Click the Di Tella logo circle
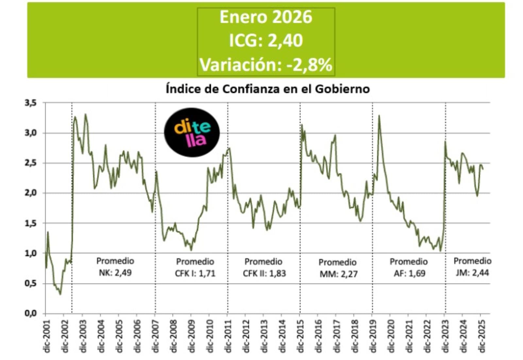pyautogui.click(x=192, y=132)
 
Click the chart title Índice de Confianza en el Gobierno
pyautogui.click(x=267, y=89)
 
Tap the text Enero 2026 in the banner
pyautogui.click(x=266, y=17)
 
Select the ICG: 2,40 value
pyautogui.click(x=266, y=41)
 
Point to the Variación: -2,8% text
pyautogui.click(x=266, y=64)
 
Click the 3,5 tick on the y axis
pyautogui.click(x=31, y=103)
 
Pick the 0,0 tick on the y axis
pyautogui.click(x=31, y=313)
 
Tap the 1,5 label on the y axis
pyautogui.click(x=31, y=223)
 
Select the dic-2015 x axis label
pyautogui.click(x=300, y=336)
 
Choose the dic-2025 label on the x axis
pyautogui.click(x=481, y=336)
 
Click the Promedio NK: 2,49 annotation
pyautogui.click(x=115, y=267)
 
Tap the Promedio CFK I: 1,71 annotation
pyautogui.click(x=195, y=267)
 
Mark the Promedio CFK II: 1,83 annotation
pyautogui.click(x=264, y=267)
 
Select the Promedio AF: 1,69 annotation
pyautogui.click(x=409, y=267)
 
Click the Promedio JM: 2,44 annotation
pyautogui.click(x=472, y=267)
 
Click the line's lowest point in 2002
pyautogui.click(x=60, y=294)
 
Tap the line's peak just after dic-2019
pyautogui.click(x=379, y=115)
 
